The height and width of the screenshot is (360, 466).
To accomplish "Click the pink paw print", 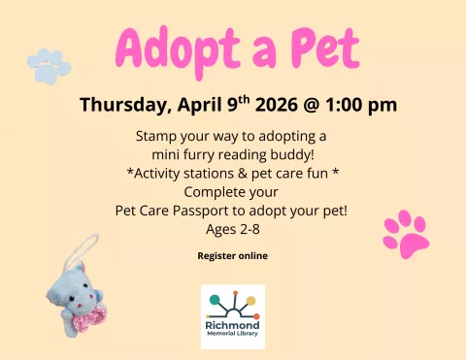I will click(406, 233).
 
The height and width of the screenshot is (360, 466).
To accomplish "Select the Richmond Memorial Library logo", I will click(232, 314).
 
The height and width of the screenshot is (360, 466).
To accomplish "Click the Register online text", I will click(232, 256).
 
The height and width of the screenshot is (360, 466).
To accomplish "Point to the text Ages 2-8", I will click(232, 229).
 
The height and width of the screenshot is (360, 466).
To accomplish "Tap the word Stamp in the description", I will click(156, 135).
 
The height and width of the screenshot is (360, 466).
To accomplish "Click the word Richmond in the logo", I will click(232, 326).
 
